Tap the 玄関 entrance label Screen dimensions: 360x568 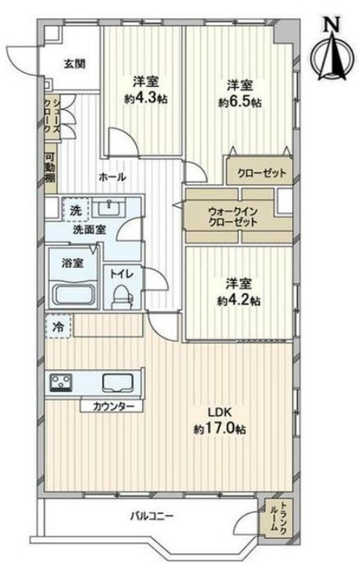pyautogui.click(x=75, y=64)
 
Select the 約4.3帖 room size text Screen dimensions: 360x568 pyautogui.click(x=145, y=99)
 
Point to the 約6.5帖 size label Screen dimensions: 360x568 pyautogui.click(x=240, y=103)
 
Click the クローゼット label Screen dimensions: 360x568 pyautogui.click(x=262, y=173)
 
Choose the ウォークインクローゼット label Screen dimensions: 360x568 pyautogui.click(x=233, y=216)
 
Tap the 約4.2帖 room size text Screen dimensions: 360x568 pyautogui.click(x=239, y=301)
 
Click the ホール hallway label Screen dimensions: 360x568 pyautogui.click(x=112, y=177)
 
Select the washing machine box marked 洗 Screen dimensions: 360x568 pyautogui.click(x=76, y=209)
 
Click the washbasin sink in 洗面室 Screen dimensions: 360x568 pyautogui.click(x=109, y=208)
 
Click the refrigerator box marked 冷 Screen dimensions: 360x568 pyautogui.click(x=59, y=327)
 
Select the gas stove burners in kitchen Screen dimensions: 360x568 pyautogui.click(x=61, y=382)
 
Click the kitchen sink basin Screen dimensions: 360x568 pyautogui.click(x=118, y=383)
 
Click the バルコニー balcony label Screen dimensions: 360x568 pyautogui.click(x=152, y=516)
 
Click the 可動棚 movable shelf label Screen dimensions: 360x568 pyautogui.click(x=50, y=169)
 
